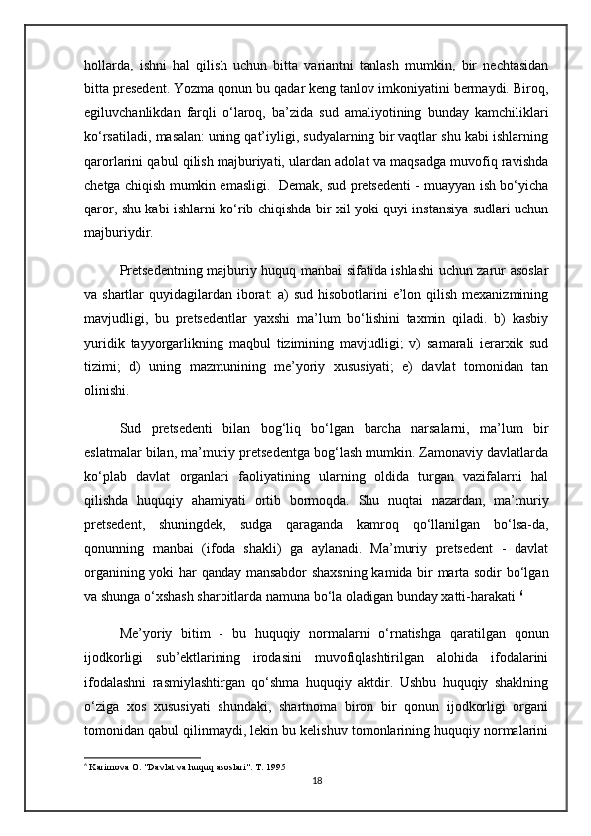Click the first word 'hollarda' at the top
[x=109, y=65]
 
